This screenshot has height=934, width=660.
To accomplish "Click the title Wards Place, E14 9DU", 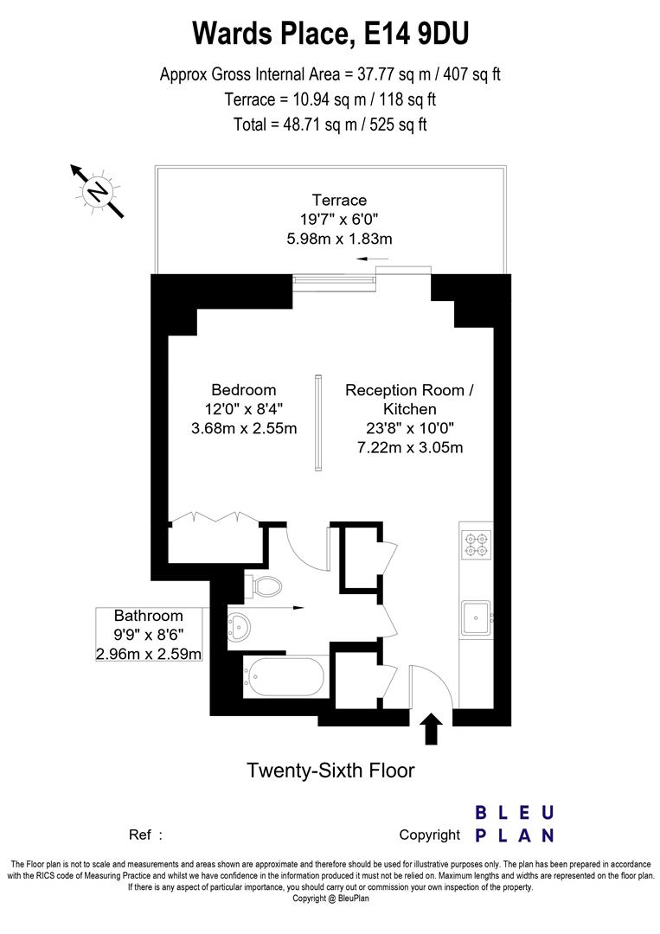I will pos(330,34).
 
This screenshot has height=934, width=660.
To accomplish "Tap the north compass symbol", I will pos(98,189).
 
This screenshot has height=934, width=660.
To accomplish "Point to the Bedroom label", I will pos(243,390).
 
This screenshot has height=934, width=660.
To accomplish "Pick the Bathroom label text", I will pos(149,616).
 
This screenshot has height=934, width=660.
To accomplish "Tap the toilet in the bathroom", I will pos(265,585).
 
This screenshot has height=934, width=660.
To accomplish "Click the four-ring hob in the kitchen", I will pos(476,542).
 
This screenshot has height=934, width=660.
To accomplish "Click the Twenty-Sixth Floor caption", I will pos(330,770).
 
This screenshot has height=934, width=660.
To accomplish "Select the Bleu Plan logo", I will pos(515,823).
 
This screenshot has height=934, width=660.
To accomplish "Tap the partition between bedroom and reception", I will pos(318,423).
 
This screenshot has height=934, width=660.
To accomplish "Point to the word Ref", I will pos(140,835).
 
